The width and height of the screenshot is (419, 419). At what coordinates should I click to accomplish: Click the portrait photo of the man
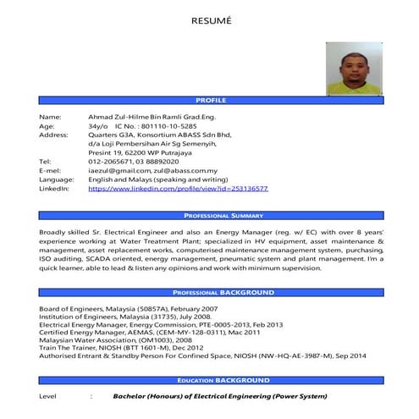click(x=356, y=69)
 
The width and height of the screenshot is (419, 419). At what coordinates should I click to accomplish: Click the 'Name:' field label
click(x=50, y=116)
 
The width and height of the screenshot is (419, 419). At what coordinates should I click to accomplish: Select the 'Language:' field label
click(x=57, y=179)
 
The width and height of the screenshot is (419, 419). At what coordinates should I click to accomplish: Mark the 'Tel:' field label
click(x=46, y=161)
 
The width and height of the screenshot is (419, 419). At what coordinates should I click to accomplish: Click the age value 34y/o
click(x=99, y=125)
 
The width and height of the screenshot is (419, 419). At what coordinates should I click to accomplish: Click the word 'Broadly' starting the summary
click(x=56, y=231)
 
